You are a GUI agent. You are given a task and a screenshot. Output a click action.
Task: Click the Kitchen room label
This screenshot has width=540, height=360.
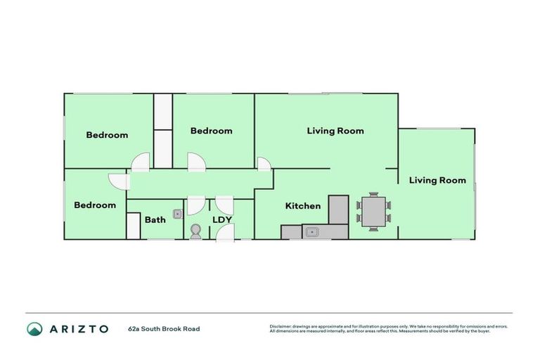point(302,206)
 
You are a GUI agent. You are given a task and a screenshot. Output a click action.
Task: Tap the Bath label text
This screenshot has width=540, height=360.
point(155,220)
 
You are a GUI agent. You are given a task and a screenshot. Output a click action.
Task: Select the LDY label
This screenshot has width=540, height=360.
point(222,220)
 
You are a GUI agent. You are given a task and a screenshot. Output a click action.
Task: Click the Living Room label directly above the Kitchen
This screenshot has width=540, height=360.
point(335,131)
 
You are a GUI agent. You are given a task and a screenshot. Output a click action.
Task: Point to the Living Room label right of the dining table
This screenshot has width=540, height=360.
point(437,181)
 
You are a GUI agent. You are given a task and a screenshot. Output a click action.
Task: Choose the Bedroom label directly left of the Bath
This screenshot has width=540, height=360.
point(95,205)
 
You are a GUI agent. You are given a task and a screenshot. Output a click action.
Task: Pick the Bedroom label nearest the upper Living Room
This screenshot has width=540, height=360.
point(211,131)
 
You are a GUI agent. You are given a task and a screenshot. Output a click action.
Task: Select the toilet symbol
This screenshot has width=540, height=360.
point(195,231)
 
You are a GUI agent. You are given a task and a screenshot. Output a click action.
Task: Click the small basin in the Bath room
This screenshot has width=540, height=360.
point(178,214)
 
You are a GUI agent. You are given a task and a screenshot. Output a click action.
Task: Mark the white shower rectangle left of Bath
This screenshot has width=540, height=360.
point(134,226)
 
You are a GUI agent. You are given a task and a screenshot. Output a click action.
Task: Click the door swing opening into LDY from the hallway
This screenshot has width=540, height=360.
point(225,205)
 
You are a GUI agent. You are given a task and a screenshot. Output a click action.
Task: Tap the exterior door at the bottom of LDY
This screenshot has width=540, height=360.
point(225,233)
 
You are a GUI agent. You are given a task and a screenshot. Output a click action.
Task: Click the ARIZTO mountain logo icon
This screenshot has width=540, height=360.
point(34,328)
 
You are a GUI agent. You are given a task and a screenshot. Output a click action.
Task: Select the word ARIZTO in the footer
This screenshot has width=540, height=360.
point(79,328)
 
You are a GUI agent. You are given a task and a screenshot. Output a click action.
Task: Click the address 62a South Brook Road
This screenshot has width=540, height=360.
point(164,328)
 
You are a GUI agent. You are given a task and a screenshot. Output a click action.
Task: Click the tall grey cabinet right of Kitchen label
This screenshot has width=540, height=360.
point(338,209)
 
